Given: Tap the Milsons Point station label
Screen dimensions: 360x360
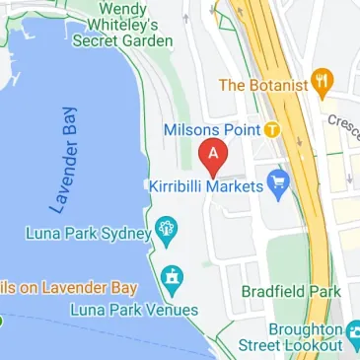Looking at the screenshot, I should click(x=210, y=130).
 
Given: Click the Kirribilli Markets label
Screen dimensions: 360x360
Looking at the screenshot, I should click(x=206, y=186).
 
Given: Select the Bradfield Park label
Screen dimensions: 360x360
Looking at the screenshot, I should click(x=291, y=292).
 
